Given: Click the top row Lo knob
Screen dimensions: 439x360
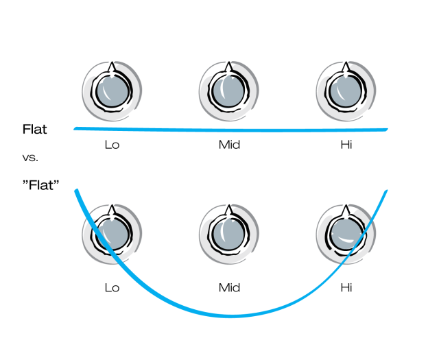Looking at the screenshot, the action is pos(112,91).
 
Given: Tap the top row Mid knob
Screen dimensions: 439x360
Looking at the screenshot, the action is pos(229,91).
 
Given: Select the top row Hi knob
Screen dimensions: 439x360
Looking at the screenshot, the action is pos(346,91).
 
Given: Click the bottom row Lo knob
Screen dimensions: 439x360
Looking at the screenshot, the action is pos(112,235).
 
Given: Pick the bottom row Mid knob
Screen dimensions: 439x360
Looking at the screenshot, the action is pos(229,235).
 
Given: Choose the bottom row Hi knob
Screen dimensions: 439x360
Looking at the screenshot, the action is pos(346,235).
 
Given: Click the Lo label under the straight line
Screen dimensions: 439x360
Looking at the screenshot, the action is pos(112,145).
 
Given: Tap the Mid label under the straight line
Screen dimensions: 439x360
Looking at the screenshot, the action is pos(229,145).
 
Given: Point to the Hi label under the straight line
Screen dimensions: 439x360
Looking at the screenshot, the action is pos(346,145).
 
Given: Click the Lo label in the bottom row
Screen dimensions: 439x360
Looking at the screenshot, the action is pos(112,288).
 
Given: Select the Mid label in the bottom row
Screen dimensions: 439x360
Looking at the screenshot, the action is pos(229,288).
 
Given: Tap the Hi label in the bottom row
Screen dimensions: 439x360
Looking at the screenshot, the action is pos(346,288).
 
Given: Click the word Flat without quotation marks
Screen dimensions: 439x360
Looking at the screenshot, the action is pos(35,130).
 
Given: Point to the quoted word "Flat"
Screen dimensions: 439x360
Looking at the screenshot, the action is pos(41,185).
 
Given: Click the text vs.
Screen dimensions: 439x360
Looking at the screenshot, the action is pos(30,158).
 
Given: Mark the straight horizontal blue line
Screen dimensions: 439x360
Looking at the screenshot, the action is pos(230,130).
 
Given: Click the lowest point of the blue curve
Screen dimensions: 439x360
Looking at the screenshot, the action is pos(230,316).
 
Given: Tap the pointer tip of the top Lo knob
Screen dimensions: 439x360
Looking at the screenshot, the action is pos(112,62).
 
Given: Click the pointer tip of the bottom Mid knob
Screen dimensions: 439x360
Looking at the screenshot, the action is pos(229,205).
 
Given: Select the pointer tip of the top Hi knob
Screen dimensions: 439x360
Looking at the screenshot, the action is pos(346,62).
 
